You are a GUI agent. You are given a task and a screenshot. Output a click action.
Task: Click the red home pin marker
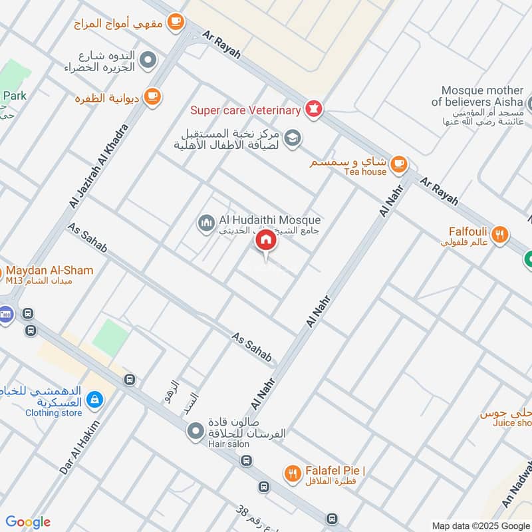[266, 241]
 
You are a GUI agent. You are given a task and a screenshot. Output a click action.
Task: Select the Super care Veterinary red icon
[313, 107]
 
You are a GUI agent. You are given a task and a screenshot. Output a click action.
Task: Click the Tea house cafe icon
[398, 162]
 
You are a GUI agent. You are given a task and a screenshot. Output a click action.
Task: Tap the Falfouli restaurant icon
[501, 233]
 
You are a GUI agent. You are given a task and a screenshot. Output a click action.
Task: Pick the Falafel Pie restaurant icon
[291, 473]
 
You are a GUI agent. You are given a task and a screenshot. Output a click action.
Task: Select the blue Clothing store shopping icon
[95, 399]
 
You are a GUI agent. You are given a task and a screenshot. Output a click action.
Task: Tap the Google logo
[28, 522]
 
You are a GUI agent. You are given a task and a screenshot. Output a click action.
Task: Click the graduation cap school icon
[291, 138]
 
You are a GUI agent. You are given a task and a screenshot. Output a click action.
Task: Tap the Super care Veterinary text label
[246, 110]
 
